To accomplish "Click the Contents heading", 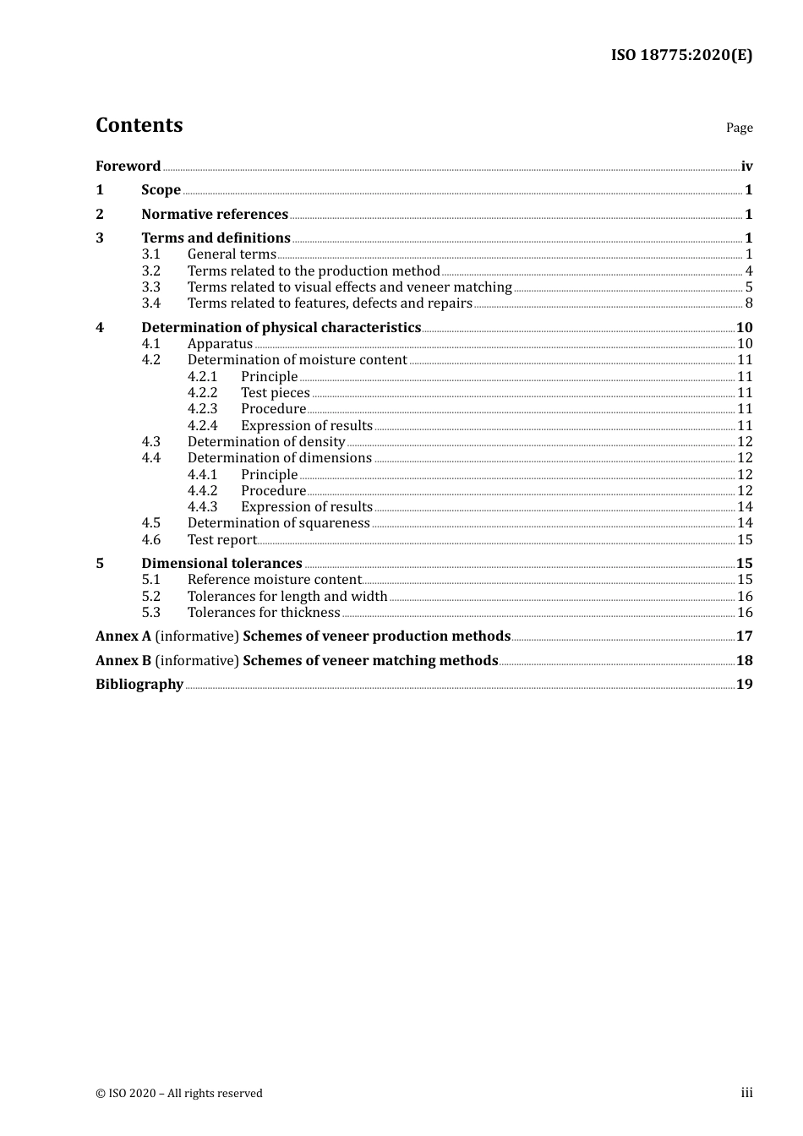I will point(139,125).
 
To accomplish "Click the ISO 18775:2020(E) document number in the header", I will point(681,55).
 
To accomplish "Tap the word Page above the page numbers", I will point(739,128).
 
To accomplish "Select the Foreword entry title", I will point(128,167).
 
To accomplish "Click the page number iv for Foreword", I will point(746,167).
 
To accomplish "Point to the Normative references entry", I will point(215,215).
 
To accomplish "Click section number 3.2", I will point(150,271).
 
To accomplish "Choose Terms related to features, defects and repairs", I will point(330,303).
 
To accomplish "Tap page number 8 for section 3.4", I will point(748,303).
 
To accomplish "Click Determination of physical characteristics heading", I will point(281,328).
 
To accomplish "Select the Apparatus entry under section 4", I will point(220,344).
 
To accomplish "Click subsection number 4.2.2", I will point(202,393).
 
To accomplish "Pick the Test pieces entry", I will point(275,393).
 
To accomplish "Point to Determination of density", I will point(266,442).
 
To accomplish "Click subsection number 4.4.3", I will point(202,507).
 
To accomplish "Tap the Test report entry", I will point(221,540).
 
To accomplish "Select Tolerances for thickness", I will point(264,613).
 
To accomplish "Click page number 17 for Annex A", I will point(744,636).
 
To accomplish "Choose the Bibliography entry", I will point(139,685).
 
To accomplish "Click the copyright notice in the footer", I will point(179,1094).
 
